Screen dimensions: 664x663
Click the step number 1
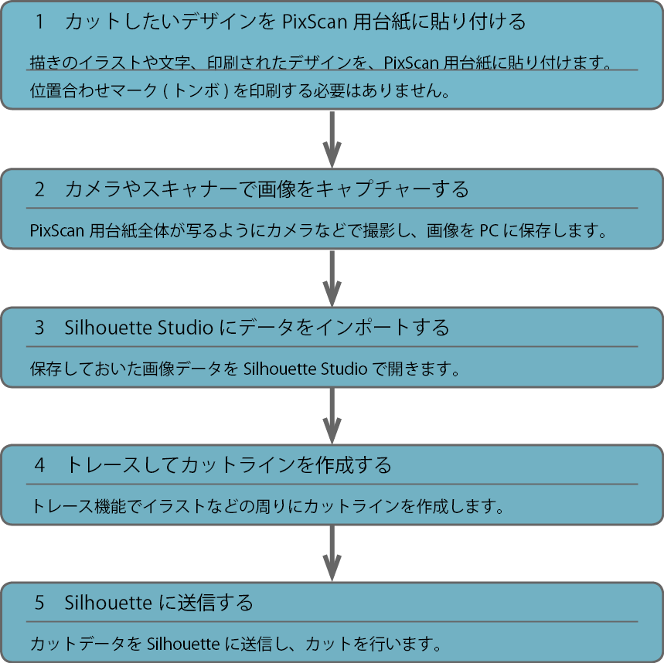[x=39, y=22]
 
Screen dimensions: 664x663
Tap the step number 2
[x=39, y=189]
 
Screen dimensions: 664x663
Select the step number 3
[x=39, y=328]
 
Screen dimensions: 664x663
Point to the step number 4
[x=39, y=465]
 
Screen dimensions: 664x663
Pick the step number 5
[x=39, y=603]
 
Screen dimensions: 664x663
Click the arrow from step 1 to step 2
[x=332, y=139]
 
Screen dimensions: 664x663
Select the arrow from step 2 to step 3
[x=332, y=278]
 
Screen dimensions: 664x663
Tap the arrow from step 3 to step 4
[x=332, y=416]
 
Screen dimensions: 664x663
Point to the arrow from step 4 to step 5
[x=332, y=553]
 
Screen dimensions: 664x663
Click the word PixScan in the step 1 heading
[x=315, y=22]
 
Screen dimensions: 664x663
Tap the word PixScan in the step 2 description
[x=56, y=231]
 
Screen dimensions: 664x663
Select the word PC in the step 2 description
[x=489, y=231]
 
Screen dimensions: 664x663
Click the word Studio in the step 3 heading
[x=185, y=328]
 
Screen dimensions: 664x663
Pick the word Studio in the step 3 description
[x=344, y=369]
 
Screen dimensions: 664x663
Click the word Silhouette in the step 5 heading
[x=108, y=603]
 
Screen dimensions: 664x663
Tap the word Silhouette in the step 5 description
[x=183, y=644]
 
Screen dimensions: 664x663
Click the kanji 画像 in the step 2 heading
[x=276, y=189]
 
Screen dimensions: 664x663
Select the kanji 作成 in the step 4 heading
[x=334, y=465]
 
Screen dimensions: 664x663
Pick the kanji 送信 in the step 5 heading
[x=196, y=603]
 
